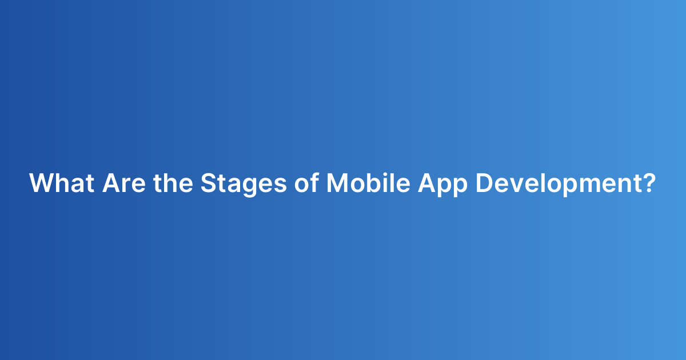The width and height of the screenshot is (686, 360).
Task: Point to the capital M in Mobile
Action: tap(337, 183)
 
